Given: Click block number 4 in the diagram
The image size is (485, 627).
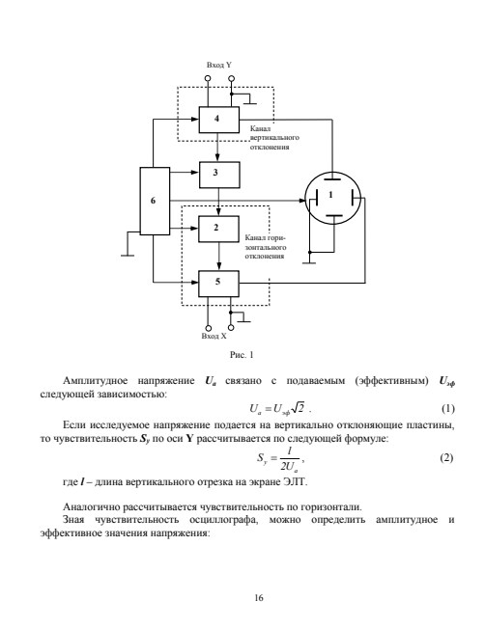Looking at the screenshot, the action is click(x=219, y=120).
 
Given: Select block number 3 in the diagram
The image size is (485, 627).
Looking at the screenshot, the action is click(x=219, y=175).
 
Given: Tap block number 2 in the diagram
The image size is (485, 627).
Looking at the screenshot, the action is click(x=218, y=229).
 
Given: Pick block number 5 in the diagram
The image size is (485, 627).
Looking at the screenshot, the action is click(x=218, y=284).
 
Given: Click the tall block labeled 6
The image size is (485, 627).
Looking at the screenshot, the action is click(x=155, y=201).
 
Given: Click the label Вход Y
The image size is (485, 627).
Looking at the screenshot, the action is click(x=219, y=65).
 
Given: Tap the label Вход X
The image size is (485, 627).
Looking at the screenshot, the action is click(x=214, y=336).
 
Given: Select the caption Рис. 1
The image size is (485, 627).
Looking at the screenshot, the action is click(x=242, y=355).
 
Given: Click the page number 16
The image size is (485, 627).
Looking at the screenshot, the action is click(x=259, y=598).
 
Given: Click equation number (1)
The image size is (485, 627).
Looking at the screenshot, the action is click(x=448, y=409).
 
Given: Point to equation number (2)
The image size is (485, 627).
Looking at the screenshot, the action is click(x=446, y=457).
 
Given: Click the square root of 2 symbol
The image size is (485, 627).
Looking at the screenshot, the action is click(x=298, y=407).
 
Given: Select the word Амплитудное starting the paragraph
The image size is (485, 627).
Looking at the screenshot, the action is click(x=96, y=381).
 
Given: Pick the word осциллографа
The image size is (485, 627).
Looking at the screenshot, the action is click(x=223, y=520).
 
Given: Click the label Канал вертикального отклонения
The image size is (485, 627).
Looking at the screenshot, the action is click(x=274, y=138).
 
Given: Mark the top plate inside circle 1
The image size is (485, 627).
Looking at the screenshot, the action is click(x=332, y=178).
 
